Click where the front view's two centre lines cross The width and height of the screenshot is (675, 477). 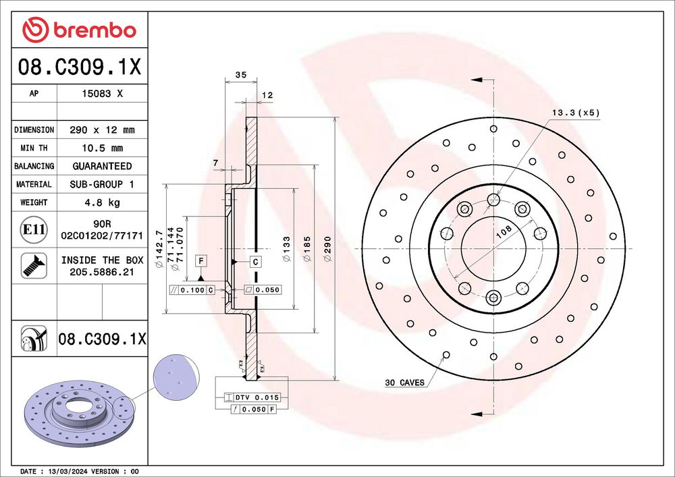pyautogui.click(x=493, y=248)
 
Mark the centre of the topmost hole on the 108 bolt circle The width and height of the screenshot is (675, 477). pyautogui.click(x=493, y=199)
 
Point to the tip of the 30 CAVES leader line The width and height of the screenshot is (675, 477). pyautogui.click(x=445, y=356)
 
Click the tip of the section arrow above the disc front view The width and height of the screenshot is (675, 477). pyautogui.click(x=471, y=80)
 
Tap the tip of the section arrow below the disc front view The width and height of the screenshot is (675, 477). pyautogui.click(x=471, y=414)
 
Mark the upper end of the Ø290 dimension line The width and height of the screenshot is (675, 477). pyautogui.click(x=335, y=117)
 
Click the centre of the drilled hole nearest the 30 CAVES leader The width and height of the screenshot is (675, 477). pyautogui.click(x=446, y=355)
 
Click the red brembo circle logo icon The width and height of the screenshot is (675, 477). pyautogui.click(x=35, y=30)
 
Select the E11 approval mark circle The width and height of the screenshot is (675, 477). pyautogui.click(x=34, y=229)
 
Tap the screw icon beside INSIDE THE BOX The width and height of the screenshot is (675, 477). pyautogui.click(x=34, y=266)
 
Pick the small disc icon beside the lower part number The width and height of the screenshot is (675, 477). pyautogui.click(x=34, y=339)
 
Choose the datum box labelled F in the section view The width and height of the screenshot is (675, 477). pyautogui.click(x=201, y=260)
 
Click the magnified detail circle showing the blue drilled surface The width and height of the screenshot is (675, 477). pyautogui.click(x=176, y=378)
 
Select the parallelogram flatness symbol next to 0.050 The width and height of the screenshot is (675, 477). pyautogui.click(x=248, y=290)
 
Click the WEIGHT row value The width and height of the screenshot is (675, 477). pyautogui.click(x=102, y=202)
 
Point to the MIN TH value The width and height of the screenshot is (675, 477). pyautogui.click(x=103, y=148)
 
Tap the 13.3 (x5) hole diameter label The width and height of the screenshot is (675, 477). pyautogui.click(x=576, y=113)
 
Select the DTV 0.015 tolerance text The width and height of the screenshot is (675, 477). pyautogui.click(x=257, y=397)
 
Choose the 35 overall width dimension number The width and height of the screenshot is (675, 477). pyautogui.click(x=241, y=75)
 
